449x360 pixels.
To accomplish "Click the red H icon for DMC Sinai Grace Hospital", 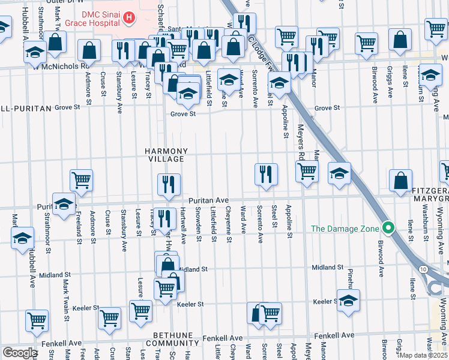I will tap(128, 19).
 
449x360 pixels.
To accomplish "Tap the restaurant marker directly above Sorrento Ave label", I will tap(265, 174).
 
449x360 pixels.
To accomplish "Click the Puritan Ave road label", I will tap(208, 200).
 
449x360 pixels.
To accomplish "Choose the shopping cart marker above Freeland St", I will tap(81, 180).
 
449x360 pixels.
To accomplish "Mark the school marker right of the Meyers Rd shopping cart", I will tap(339, 173).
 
